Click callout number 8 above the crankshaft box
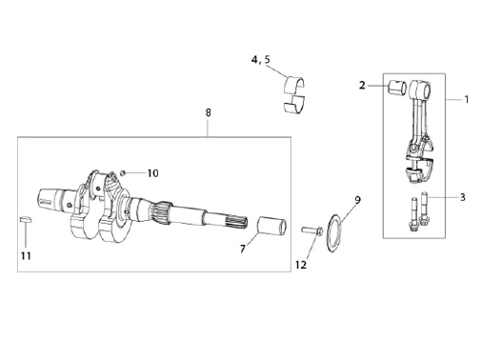(x=208, y=112)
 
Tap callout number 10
(x=152, y=173)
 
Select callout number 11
(x=26, y=256)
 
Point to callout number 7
(x=243, y=249)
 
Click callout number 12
(x=301, y=265)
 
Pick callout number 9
(x=358, y=200)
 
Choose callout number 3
(x=463, y=197)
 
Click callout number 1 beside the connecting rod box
(x=467, y=100)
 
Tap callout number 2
(x=362, y=86)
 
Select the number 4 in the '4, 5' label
(x=254, y=60)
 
